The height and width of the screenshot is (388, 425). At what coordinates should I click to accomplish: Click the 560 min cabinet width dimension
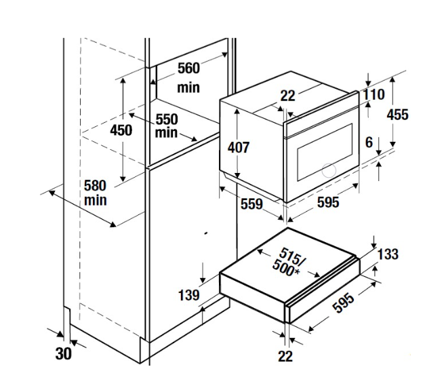188,77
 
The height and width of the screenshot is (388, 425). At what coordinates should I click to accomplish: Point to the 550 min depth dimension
166,125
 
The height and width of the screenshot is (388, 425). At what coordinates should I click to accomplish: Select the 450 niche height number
121,130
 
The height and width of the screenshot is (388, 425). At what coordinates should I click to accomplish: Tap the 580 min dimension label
96,192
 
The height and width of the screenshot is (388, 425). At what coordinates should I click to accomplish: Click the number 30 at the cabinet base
62,353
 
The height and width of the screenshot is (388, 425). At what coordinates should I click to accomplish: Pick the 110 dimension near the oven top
373,95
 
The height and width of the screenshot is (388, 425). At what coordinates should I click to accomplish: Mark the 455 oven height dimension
397,114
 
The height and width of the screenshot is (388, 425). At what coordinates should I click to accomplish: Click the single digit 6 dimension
368,142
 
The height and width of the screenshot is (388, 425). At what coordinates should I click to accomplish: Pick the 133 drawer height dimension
388,254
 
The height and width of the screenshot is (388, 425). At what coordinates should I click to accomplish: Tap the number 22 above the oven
288,96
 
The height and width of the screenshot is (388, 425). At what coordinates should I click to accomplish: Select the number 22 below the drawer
285,356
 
